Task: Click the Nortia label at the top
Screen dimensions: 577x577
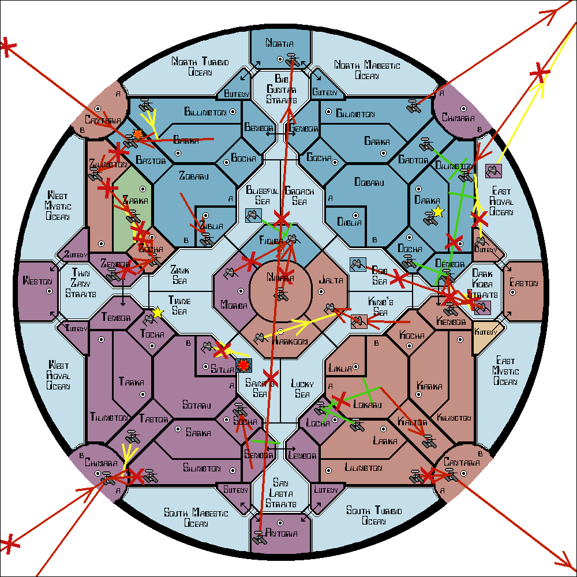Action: click(280, 43)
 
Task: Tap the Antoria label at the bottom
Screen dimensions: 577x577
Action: click(282, 533)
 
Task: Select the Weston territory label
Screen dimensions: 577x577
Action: click(38, 282)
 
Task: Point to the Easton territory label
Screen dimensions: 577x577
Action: click(524, 283)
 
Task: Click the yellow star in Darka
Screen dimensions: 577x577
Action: click(437, 211)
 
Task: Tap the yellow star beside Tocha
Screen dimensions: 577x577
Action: click(157, 313)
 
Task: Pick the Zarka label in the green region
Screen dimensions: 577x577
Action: click(135, 201)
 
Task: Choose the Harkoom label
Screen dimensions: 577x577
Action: click(290, 342)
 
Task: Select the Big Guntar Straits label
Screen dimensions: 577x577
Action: click(281, 89)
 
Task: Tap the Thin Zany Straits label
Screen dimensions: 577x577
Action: click(81, 282)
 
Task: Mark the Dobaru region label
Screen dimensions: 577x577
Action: click(368, 182)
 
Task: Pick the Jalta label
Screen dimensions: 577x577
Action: click(331, 280)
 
